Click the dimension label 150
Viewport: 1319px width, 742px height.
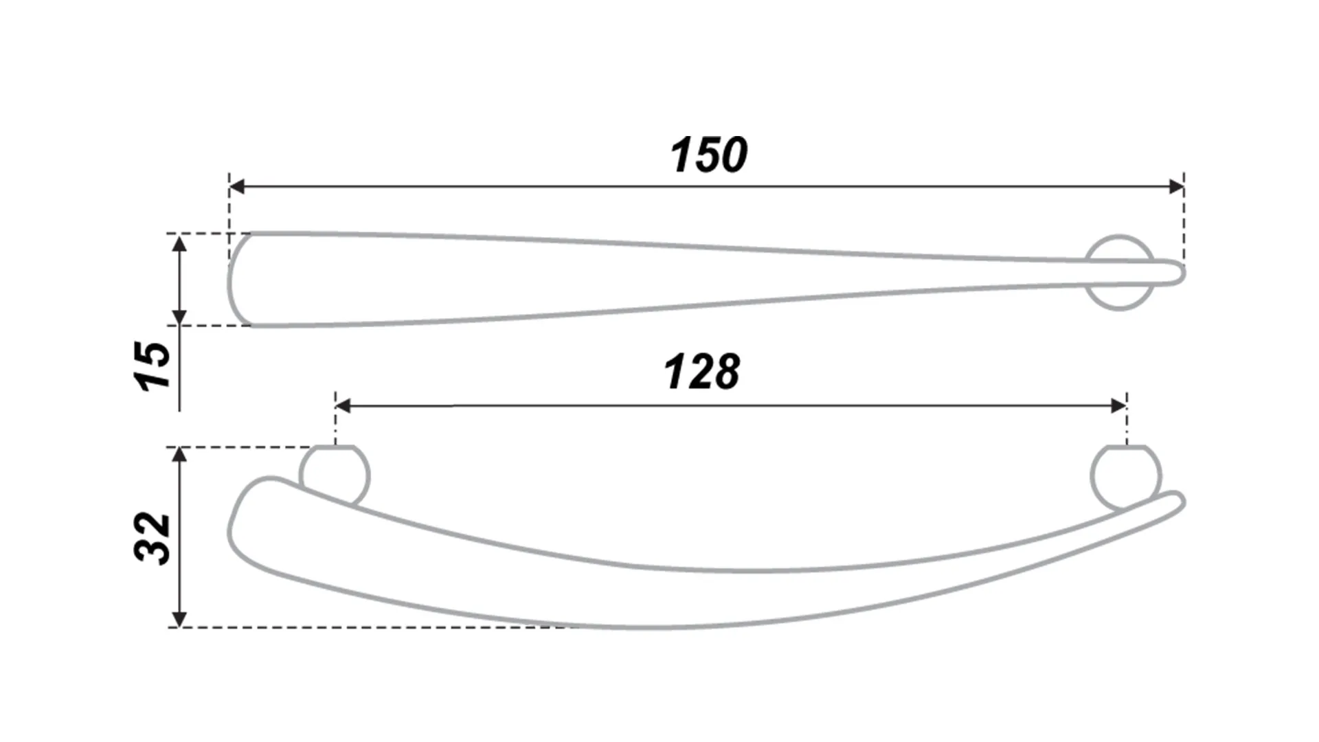pyautogui.click(x=709, y=155)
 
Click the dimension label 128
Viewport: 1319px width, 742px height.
pyautogui.click(x=702, y=372)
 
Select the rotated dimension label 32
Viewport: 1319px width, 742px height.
pyautogui.click(x=153, y=538)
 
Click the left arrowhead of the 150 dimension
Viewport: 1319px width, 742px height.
pyautogui.click(x=237, y=186)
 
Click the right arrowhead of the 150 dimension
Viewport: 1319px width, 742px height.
pyautogui.click(x=1175, y=186)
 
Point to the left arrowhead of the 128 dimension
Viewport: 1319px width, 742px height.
pyautogui.click(x=343, y=406)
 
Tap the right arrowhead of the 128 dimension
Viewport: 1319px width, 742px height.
pyautogui.click(x=1118, y=406)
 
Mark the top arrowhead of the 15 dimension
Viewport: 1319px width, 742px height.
pyautogui.click(x=179, y=243)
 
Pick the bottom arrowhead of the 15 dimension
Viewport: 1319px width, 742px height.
pyautogui.click(x=179, y=317)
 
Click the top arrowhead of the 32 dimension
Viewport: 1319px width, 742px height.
pyautogui.click(x=179, y=456)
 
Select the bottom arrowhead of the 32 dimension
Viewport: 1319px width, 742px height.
pyautogui.click(x=179, y=618)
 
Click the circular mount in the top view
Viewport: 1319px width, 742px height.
pyautogui.click(x=1120, y=273)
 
